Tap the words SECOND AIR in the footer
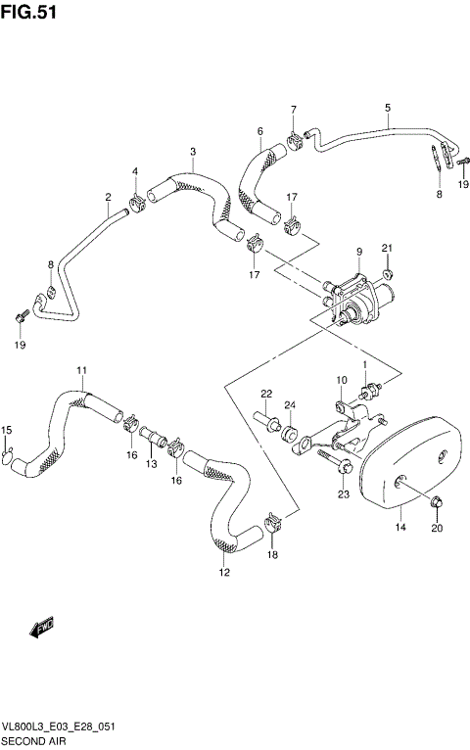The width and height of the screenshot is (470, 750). tap(35, 741)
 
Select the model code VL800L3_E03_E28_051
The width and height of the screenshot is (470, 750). tap(60, 727)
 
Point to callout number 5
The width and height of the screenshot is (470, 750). tap(387, 107)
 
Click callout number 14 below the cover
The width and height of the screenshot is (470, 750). tap(399, 528)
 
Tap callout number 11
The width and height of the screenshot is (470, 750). tap(82, 369)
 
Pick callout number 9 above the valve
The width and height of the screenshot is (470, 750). tap(358, 252)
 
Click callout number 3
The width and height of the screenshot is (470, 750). tap(193, 151)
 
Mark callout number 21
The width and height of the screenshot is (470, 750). tap(387, 247)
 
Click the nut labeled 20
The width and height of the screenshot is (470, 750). tap(433, 503)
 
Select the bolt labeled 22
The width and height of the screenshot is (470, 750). tap(267, 424)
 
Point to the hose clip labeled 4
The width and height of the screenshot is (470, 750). tap(136, 203)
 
